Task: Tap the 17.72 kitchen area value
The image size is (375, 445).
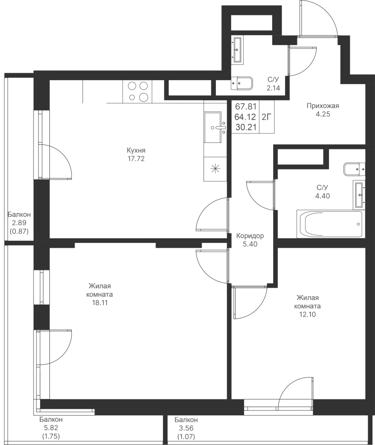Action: (136, 159)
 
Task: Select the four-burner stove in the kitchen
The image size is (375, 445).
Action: (137, 91)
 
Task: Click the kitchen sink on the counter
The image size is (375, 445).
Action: (215, 128)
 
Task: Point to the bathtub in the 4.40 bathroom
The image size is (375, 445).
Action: (330, 223)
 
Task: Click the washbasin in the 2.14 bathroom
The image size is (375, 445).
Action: (238, 49)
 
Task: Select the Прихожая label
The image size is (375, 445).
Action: (323, 106)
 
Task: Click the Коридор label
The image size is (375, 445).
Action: (250, 236)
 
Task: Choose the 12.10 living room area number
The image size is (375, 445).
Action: (307, 314)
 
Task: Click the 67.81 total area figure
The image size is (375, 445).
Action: (246, 107)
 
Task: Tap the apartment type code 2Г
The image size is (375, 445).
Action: (266, 117)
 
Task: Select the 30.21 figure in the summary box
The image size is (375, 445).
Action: (246, 127)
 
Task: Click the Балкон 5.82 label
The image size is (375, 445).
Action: (51, 423)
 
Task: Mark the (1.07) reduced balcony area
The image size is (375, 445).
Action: (186, 436)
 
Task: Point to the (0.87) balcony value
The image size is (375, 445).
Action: (19, 231)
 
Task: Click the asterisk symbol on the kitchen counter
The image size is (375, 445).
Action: (215, 169)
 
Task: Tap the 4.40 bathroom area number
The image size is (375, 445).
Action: (323, 196)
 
